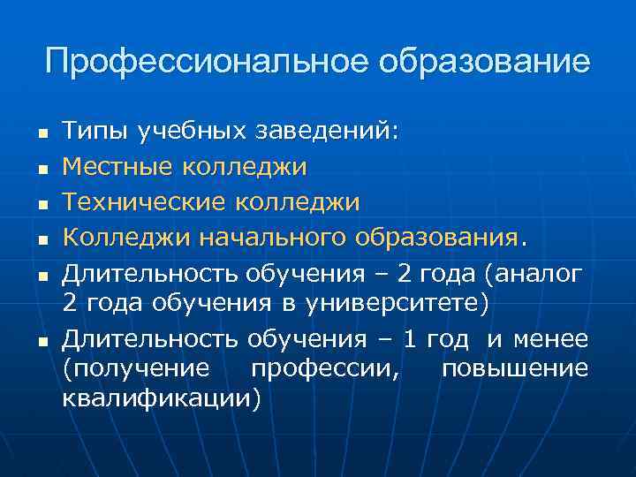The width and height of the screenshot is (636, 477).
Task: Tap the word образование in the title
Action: pos(484,62)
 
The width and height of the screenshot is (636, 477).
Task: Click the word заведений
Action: pos(326,132)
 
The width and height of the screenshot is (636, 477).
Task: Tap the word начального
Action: pos(273,238)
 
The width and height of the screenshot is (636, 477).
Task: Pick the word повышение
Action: pos(514,367)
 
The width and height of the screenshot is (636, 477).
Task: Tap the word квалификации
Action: pos(162,399)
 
